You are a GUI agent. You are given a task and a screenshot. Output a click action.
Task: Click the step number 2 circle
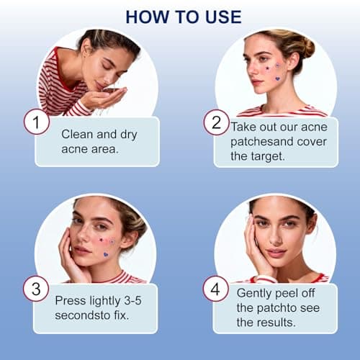(215, 122)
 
